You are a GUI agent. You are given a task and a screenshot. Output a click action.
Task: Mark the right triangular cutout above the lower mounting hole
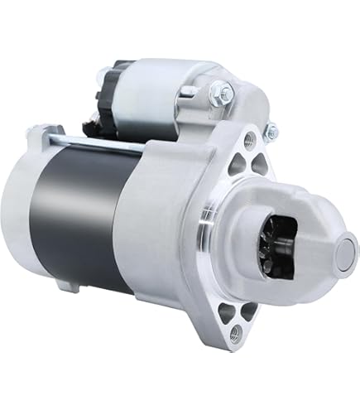(x=247, y=308)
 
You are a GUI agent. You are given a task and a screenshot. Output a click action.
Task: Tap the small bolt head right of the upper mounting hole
(x=271, y=129)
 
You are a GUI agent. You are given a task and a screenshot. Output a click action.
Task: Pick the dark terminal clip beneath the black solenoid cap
(x=93, y=128)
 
